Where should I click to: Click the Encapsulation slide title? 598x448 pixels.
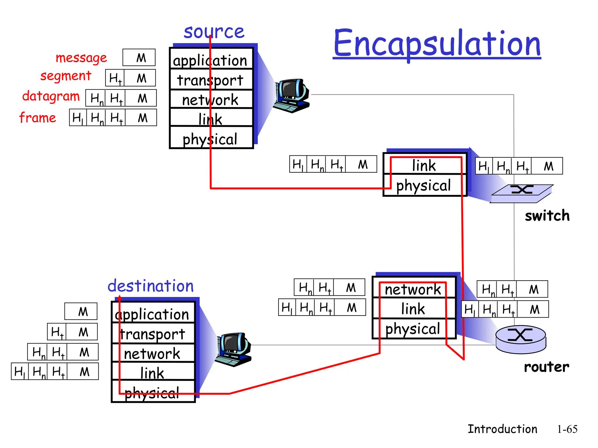(437, 44)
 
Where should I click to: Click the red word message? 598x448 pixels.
(81, 58)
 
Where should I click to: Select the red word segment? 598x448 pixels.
(66, 76)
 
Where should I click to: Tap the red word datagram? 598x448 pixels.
(51, 96)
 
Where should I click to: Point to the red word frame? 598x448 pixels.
(38, 118)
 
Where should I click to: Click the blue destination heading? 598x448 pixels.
(151, 286)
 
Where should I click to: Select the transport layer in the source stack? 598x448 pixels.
(210, 80)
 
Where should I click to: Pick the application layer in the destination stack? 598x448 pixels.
(152, 314)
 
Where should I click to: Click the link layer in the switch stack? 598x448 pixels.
(424, 165)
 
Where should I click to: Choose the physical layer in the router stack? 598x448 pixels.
(413, 329)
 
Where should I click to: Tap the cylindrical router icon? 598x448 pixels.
(521, 339)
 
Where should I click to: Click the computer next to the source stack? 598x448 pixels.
(291, 95)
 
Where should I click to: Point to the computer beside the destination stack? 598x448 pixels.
(233, 349)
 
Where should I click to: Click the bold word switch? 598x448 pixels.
(547, 216)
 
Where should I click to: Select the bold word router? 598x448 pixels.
(546, 367)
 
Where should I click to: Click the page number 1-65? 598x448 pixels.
(567, 429)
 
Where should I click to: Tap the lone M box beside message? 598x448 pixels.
(139, 58)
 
